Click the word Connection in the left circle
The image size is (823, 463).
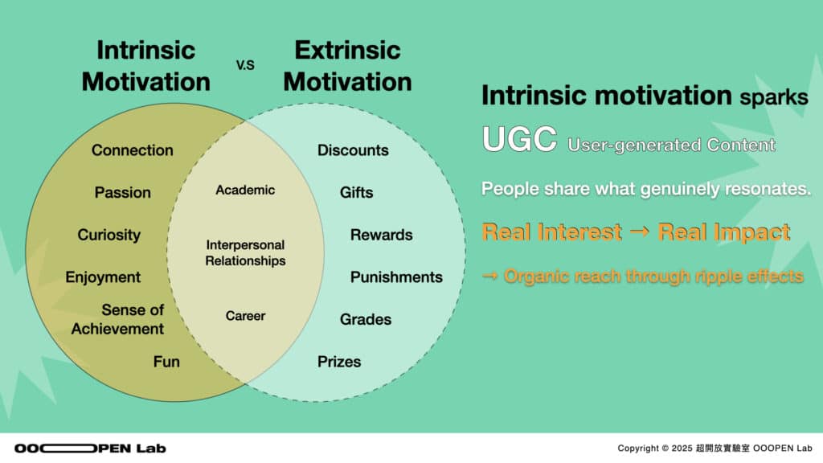click(x=133, y=150)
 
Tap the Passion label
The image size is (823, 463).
click(x=122, y=193)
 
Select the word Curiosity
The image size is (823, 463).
click(x=109, y=235)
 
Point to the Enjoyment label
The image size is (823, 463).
click(x=103, y=277)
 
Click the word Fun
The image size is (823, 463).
click(x=166, y=362)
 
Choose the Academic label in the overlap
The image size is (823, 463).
click(x=245, y=190)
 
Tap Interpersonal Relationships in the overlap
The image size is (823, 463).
click(x=245, y=252)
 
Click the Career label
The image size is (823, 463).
click(x=245, y=315)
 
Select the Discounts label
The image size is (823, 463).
click(x=353, y=150)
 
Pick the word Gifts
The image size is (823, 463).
click(x=356, y=193)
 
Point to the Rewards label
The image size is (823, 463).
click(x=381, y=235)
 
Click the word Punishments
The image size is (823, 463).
click(x=396, y=277)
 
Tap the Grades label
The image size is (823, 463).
click(x=366, y=319)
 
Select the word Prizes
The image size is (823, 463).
click(x=339, y=362)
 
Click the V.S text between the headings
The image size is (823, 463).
click(x=245, y=65)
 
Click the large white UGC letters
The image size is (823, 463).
click(x=519, y=139)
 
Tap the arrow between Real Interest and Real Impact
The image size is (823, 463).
click(x=639, y=231)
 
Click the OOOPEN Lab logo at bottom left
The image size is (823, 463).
click(x=90, y=449)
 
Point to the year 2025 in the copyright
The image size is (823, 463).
click(x=682, y=449)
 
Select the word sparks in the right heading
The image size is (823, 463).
click(x=774, y=97)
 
